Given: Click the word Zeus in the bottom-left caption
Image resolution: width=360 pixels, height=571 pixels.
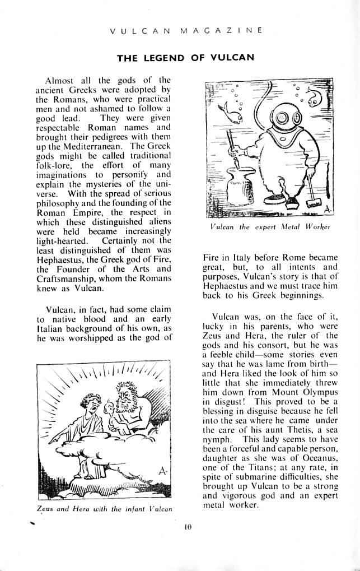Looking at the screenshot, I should click(x=45, y=509).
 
